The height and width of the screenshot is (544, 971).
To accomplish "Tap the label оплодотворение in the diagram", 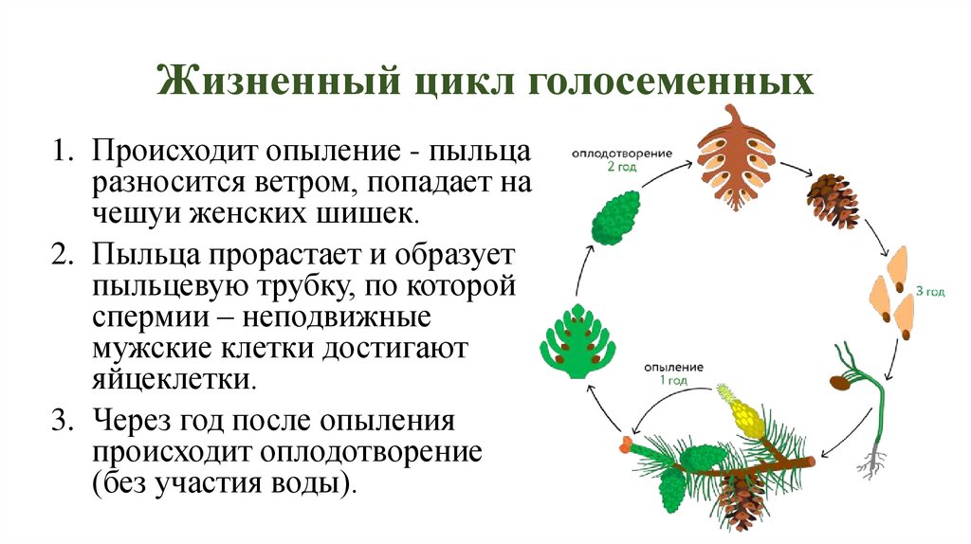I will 621,152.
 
